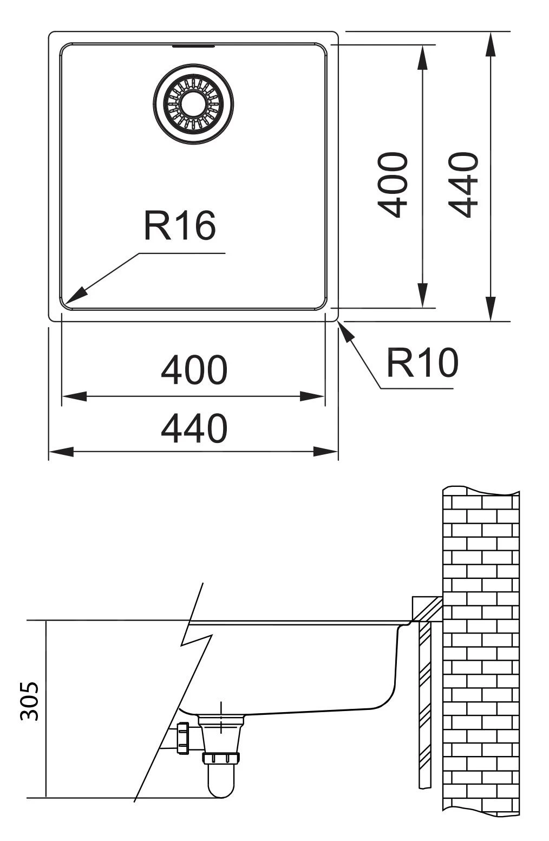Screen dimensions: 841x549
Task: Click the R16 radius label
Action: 179,226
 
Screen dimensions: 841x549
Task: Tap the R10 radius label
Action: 422,362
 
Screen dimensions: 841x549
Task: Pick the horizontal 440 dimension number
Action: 194,428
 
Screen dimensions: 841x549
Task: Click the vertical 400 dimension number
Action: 393,185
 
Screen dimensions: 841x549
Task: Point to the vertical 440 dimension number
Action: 464,185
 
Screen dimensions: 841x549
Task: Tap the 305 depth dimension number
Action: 30,701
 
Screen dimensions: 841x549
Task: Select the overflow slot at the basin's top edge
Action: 193,47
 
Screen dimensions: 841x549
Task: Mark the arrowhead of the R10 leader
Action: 344,329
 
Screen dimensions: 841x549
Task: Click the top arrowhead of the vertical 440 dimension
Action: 491,43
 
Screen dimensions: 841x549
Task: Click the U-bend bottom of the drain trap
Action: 221,791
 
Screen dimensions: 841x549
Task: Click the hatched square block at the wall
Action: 427,608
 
